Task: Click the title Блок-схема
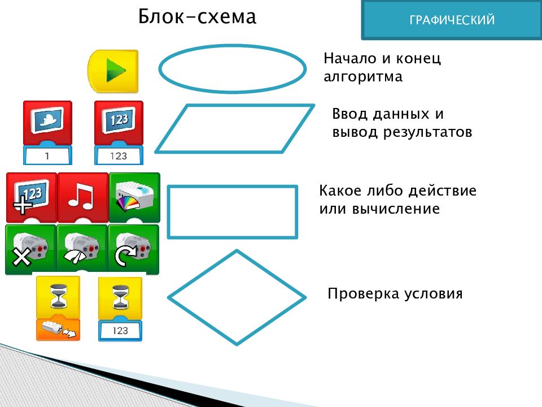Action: (x=197, y=16)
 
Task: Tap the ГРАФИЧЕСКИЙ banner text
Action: (x=452, y=20)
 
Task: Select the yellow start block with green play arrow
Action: (x=113, y=71)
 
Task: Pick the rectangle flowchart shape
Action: (x=168, y=212)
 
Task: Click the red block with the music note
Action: (x=82, y=197)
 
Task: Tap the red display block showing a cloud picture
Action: (x=47, y=123)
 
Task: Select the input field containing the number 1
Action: (x=47, y=156)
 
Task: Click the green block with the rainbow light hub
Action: (x=134, y=197)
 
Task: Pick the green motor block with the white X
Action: (x=30, y=249)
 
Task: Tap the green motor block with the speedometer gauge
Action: (x=82, y=249)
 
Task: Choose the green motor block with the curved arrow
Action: (x=133, y=249)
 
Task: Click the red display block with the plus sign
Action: (x=32, y=197)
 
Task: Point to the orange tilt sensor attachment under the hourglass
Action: (x=58, y=329)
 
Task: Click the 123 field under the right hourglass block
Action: (x=120, y=331)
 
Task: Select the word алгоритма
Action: (x=363, y=76)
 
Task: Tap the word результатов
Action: (x=427, y=132)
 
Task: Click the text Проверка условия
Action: (x=395, y=293)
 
